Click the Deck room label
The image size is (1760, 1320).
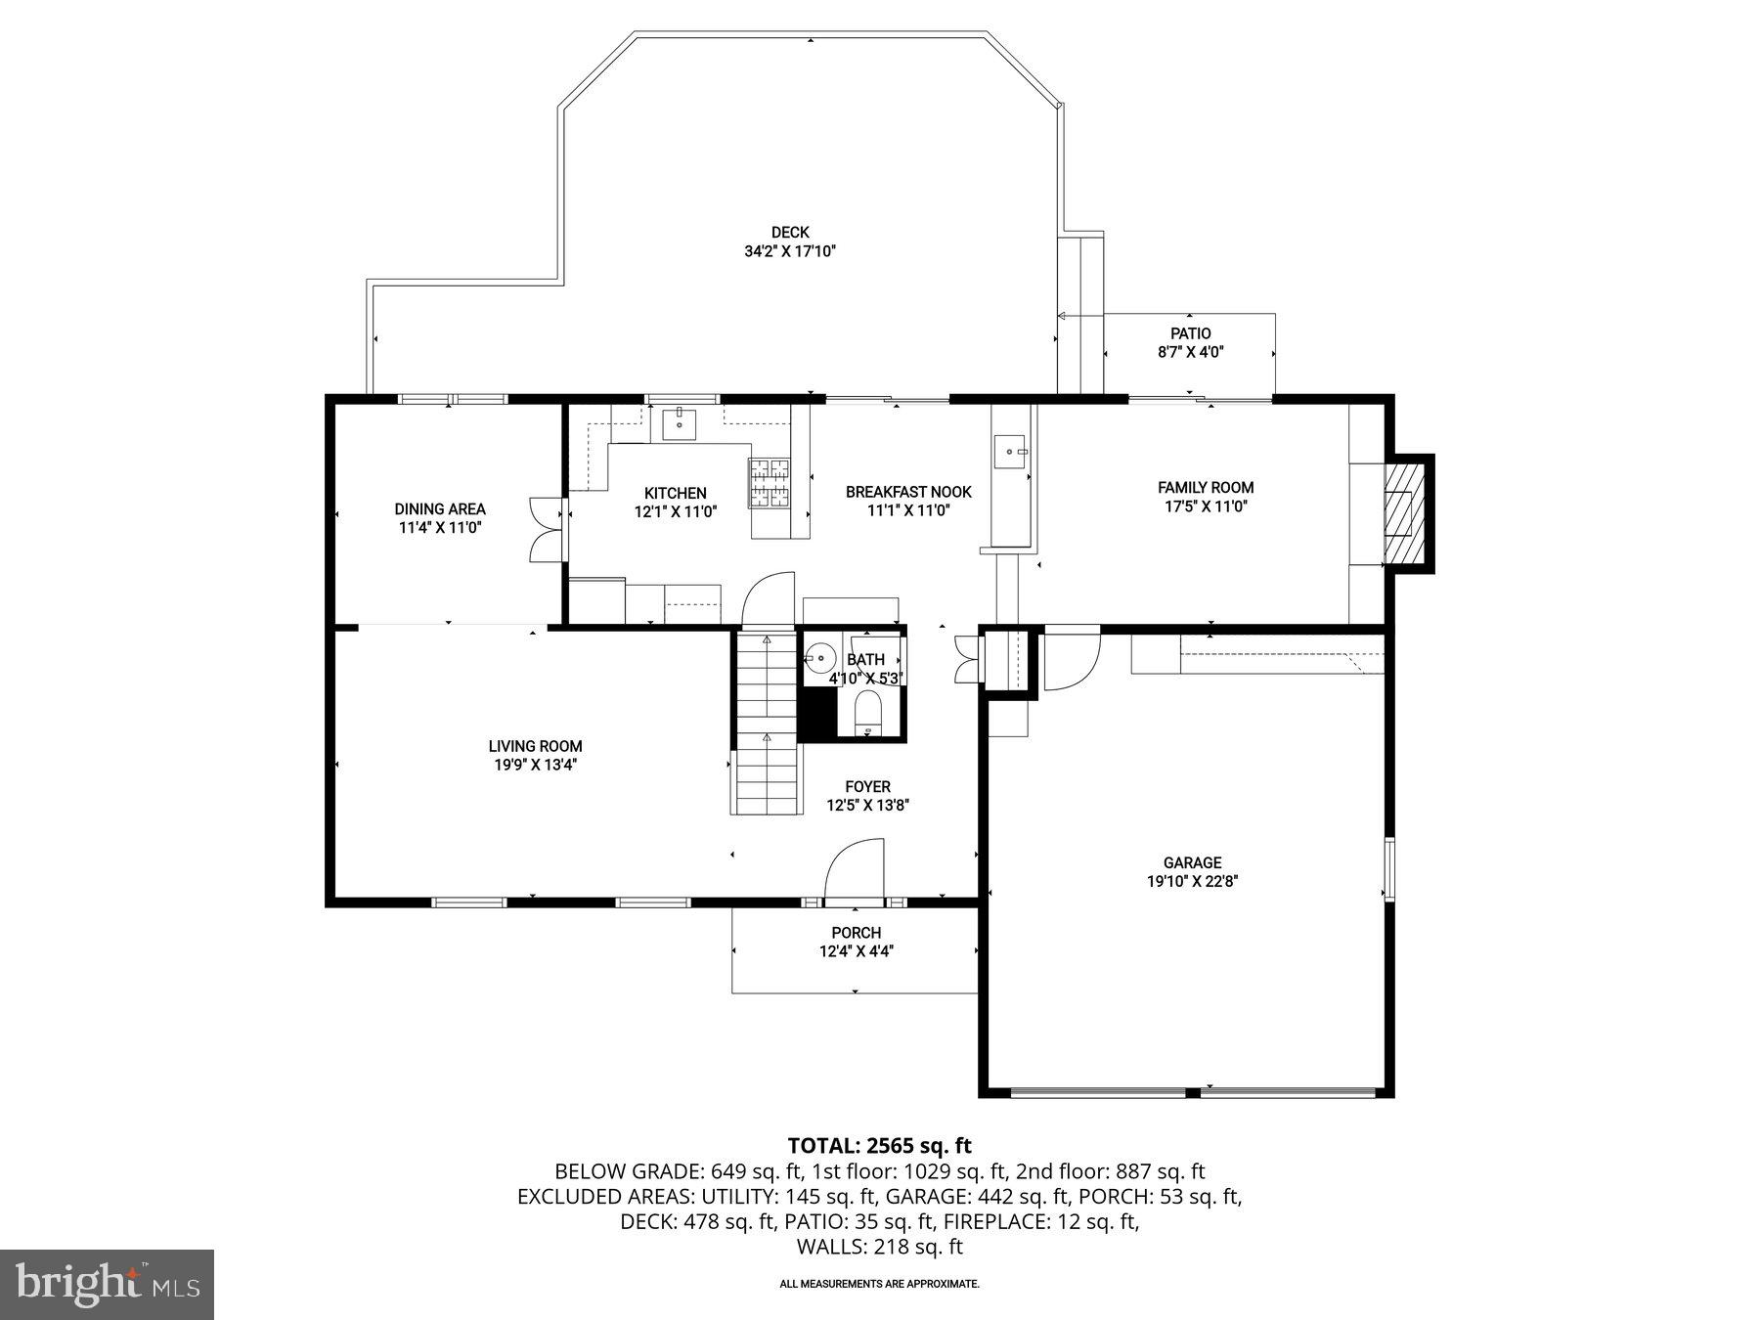click(790, 233)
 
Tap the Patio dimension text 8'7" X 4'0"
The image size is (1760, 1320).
click(1190, 352)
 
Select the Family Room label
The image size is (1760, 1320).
click(1205, 487)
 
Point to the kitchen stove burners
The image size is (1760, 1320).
click(769, 483)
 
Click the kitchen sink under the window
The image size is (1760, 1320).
click(679, 424)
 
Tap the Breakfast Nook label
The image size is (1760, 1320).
click(908, 492)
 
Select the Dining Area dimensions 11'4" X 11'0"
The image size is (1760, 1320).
click(440, 527)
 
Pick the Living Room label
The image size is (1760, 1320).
click(535, 746)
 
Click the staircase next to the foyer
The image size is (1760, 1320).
click(766, 724)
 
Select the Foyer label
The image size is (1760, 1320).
click(867, 787)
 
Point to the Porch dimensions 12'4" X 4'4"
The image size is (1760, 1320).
click(857, 950)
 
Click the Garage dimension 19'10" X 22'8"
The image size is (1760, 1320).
click(1192, 881)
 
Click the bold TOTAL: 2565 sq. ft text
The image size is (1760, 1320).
click(879, 1145)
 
